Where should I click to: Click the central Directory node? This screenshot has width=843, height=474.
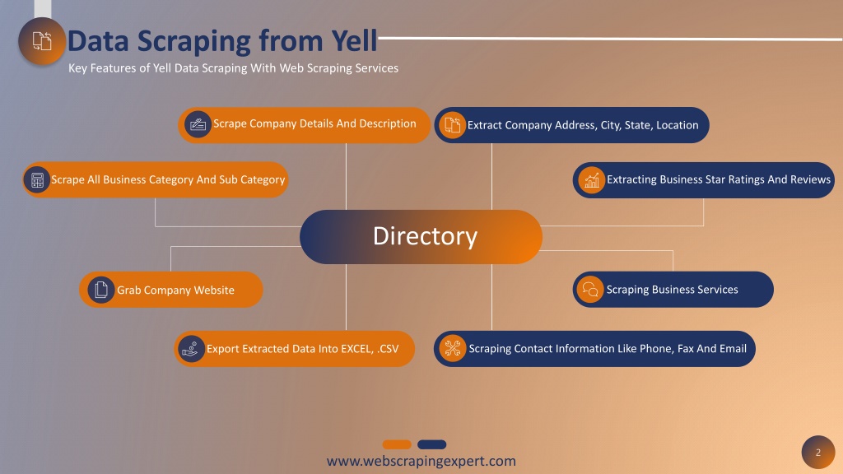coord(421,236)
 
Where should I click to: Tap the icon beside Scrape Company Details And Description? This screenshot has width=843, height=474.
coord(198,125)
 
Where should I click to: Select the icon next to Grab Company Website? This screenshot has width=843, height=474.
coord(101,290)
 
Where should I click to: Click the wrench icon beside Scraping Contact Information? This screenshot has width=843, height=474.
coord(453,348)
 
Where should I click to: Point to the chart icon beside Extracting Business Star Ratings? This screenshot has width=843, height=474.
coord(591,180)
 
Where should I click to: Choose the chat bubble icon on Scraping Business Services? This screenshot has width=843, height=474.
coord(590,289)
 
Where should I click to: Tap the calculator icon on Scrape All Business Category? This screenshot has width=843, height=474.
coord(37,180)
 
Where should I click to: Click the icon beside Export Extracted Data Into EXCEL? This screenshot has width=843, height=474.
coord(191,349)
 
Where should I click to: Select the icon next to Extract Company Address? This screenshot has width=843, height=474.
coord(452,125)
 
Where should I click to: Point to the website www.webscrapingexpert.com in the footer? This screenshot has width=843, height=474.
coord(421,461)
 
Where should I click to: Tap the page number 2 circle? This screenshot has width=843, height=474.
coord(818,453)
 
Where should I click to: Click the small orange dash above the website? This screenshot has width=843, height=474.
coord(397,444)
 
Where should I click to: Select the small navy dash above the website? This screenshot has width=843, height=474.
coord(431,444)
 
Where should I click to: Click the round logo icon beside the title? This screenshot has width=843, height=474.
coord(42,41)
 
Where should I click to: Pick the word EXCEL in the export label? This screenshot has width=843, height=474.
coord(356,349)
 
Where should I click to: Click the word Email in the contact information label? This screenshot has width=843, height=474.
coord(733,348)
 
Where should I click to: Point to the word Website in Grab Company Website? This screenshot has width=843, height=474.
coord(214,290)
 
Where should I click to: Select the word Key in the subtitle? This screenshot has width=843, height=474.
coord(77,68)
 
